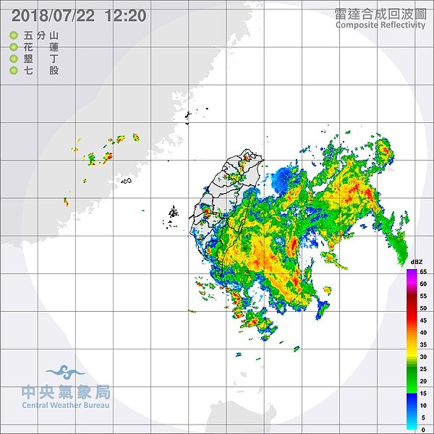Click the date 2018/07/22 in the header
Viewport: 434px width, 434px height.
click(52, 15)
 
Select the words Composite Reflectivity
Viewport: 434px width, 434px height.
click(380, 25)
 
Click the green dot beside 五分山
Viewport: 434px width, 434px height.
click(13, 35)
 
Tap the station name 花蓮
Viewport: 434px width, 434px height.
click(41, 47)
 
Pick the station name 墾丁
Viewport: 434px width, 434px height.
click(41, 59)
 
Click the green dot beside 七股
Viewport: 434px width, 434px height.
click(13, 70)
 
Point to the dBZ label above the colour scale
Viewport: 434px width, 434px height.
click(417, 262)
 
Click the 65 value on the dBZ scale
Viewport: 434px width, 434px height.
click(423, 272)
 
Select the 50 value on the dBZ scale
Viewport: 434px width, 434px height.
click(423, 308)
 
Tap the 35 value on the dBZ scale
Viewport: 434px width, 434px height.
click(423, 344)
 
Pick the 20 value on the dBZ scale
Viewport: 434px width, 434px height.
click(423, 380)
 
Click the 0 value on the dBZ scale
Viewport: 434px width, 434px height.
click(423, 429)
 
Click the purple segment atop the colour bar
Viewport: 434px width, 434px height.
click(411, 273)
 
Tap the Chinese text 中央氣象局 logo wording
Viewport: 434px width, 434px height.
click(66, 392)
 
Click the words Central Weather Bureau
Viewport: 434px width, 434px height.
click(66, 405)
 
